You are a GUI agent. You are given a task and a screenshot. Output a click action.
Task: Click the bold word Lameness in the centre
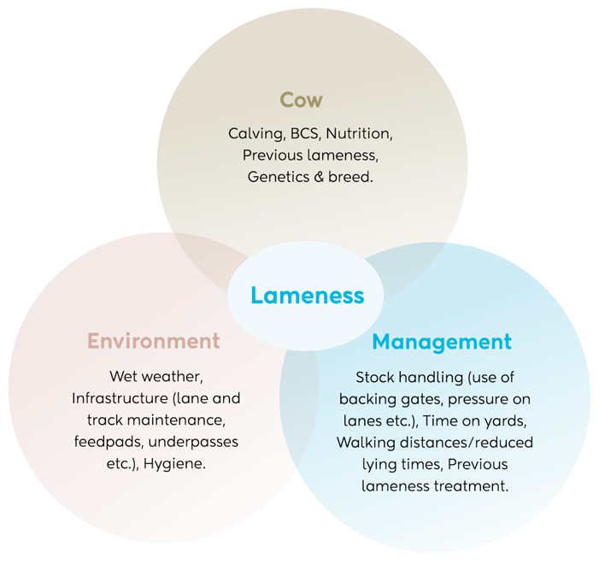(307, 296)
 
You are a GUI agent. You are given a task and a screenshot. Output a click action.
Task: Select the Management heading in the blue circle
(441, 343)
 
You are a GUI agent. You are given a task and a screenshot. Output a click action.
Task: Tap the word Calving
(254, 134)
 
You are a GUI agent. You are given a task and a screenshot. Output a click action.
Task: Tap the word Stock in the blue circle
(374, 377)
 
